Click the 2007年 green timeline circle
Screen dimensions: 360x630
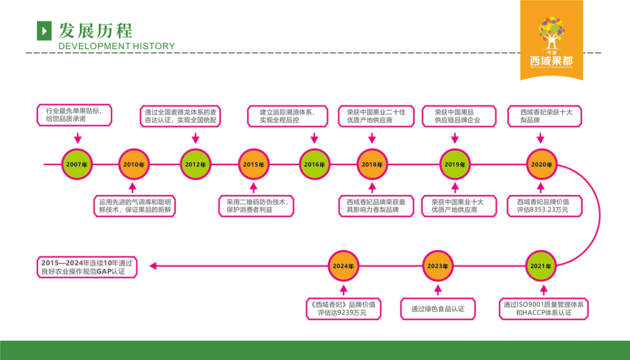77,164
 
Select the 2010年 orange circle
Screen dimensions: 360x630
134,164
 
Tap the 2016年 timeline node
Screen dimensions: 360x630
314,164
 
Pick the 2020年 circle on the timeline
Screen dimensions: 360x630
542,164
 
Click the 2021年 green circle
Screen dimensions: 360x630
541,266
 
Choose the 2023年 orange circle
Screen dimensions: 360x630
438,266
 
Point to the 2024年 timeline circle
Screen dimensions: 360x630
343,266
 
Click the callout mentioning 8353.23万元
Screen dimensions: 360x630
542,205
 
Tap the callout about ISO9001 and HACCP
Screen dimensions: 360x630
543,309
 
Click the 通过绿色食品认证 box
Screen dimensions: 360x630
438,309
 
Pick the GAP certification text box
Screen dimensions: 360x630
87,267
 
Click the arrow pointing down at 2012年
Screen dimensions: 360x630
195,139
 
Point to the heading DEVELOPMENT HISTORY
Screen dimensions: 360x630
117,46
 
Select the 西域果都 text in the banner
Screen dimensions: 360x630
551,60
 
